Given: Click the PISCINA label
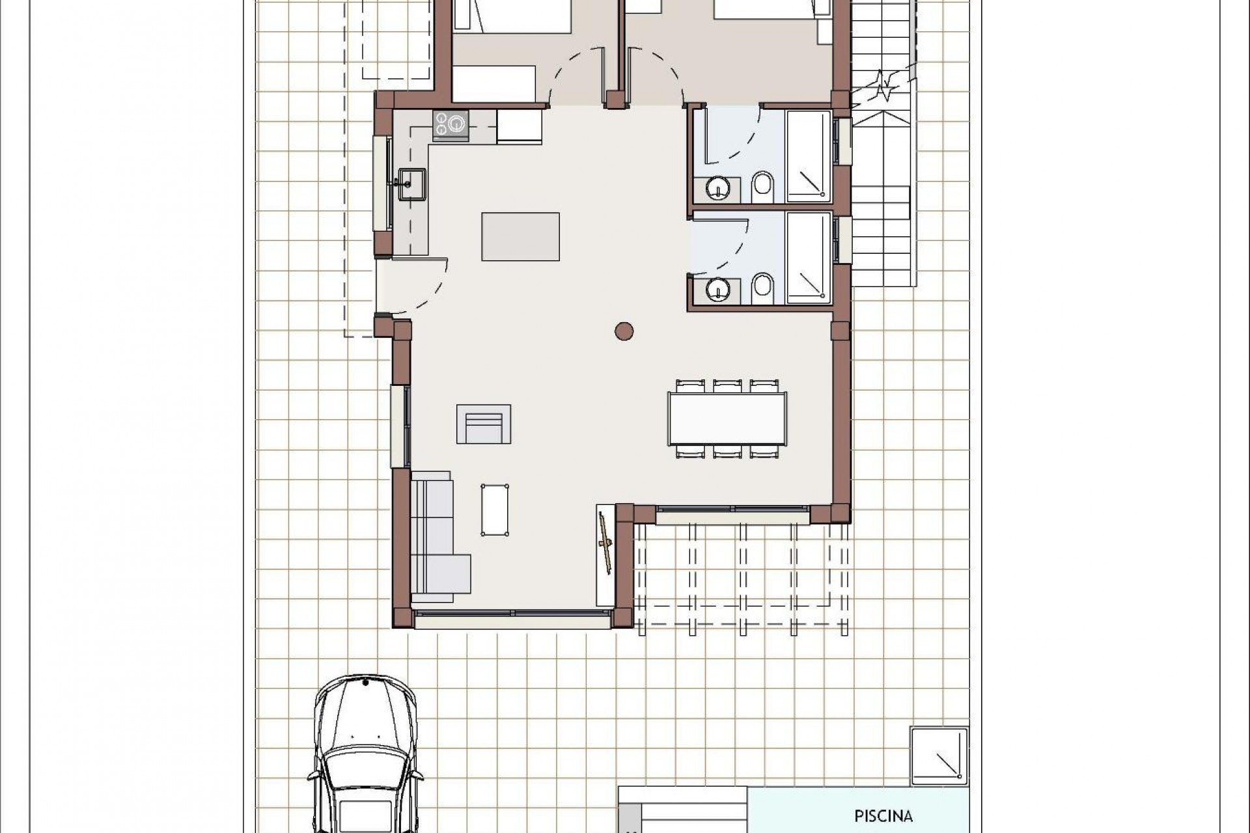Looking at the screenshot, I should [883, 815].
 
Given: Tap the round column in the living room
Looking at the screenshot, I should [624, 331].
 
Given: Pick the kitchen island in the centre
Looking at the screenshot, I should [520, 236].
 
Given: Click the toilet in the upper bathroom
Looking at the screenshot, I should [762, 187].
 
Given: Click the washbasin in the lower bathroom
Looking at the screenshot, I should [718, 288].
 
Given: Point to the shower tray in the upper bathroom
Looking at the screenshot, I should [809, 156].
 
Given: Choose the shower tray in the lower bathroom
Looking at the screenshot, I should [809, 258].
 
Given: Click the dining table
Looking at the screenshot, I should [727, 418].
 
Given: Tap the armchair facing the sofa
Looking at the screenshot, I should [483, 424].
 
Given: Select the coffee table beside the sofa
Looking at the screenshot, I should [495, 510].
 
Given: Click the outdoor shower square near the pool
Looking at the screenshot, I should [938, 755].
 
